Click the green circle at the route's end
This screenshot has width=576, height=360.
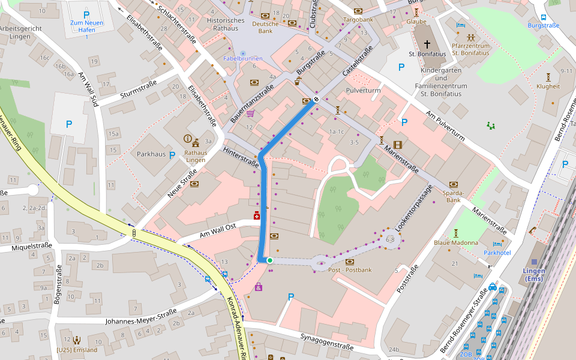(x=270, y=260)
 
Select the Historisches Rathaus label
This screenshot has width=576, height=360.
(x=226, y=25)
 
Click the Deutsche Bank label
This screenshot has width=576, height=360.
(x=265, y=27)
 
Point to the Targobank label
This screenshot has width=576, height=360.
(x=358, y=20)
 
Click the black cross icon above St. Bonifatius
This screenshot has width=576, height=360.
(x=427, y=44)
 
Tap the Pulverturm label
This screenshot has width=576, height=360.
(x=363, y=91)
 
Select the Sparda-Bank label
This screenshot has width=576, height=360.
(x=453, y=196)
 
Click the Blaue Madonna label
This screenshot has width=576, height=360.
(x=456, y=243)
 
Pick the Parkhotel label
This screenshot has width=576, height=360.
(x=497, y=253)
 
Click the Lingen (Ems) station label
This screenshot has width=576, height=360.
(x=533, y=275)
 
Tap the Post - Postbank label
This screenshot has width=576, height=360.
(x=350, y=270)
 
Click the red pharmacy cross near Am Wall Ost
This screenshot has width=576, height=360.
(x=257, y=215)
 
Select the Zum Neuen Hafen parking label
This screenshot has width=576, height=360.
(x=86, y=26)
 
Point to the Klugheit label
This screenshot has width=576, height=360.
(x=548, y=86)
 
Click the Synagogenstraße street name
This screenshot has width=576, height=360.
(x=326, y=342)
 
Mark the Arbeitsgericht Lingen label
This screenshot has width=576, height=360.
(x=21, y=32)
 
